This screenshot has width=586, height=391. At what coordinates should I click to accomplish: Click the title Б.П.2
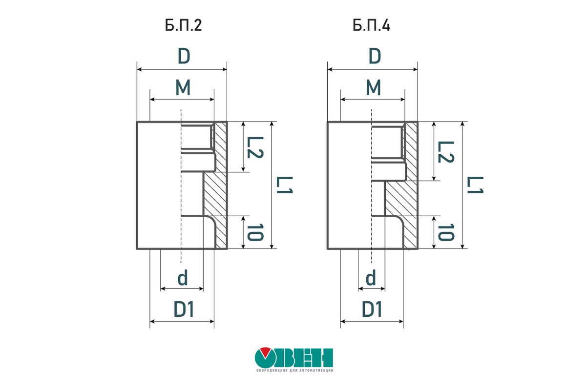click(x=184, y=25)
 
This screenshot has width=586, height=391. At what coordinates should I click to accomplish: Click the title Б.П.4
click(x=371, y=25)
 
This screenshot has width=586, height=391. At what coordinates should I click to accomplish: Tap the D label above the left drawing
click(x=184, y=56)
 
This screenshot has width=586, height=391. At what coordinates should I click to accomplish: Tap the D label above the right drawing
click(x=375, y=56)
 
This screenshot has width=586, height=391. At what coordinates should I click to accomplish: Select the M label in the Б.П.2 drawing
click(x=183, y=87)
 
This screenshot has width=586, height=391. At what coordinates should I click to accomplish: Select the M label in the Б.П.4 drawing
click(x=373, y=87)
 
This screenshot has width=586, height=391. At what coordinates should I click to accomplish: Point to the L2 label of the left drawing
click(x=255, y=147)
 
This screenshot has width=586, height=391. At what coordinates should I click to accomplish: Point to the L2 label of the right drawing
click(x=446, y=152)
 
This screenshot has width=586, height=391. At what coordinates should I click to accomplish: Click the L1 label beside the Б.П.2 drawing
click(x=284, y=185)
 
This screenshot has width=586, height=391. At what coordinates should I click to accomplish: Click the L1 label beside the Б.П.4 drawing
click(x=475, y=185)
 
